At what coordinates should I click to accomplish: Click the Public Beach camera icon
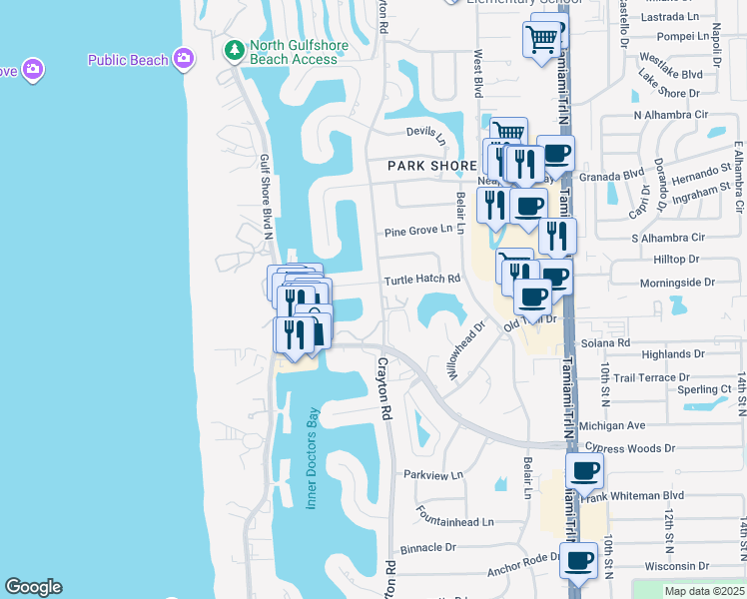tap(183, 59)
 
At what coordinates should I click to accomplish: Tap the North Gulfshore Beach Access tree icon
tap(234, 49)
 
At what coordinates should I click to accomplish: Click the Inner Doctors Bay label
tap(312, 458)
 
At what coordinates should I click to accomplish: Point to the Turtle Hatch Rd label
tap(423, 280)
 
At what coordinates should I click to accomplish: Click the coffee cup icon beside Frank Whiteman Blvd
tap(584, 470)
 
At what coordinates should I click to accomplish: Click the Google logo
tap(33, 587)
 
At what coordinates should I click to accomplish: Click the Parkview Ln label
tap(429, 475)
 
